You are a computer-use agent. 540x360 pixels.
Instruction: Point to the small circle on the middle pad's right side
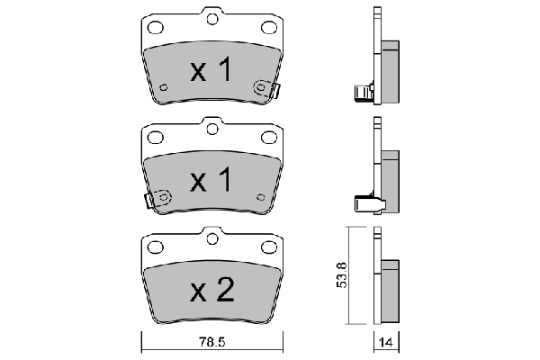pos(260,194)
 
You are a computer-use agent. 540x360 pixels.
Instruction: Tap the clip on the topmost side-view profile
pos(361,92)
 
